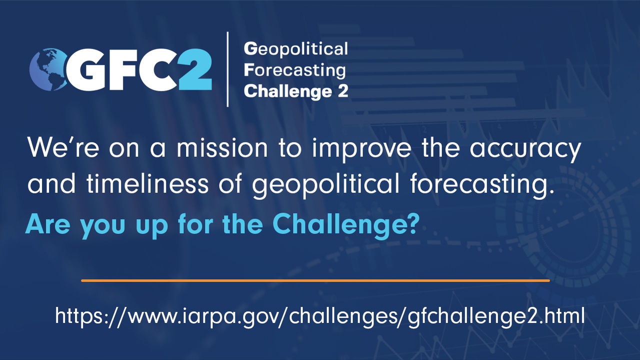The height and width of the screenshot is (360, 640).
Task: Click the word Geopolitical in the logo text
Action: point(295,49)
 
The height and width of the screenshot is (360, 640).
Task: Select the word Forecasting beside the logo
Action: point(295,70)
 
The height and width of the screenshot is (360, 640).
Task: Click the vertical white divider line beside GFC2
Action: point(228,69)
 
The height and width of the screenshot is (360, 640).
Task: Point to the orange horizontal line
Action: point(315,280)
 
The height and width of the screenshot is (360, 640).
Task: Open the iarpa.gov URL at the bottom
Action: point(319,316)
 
